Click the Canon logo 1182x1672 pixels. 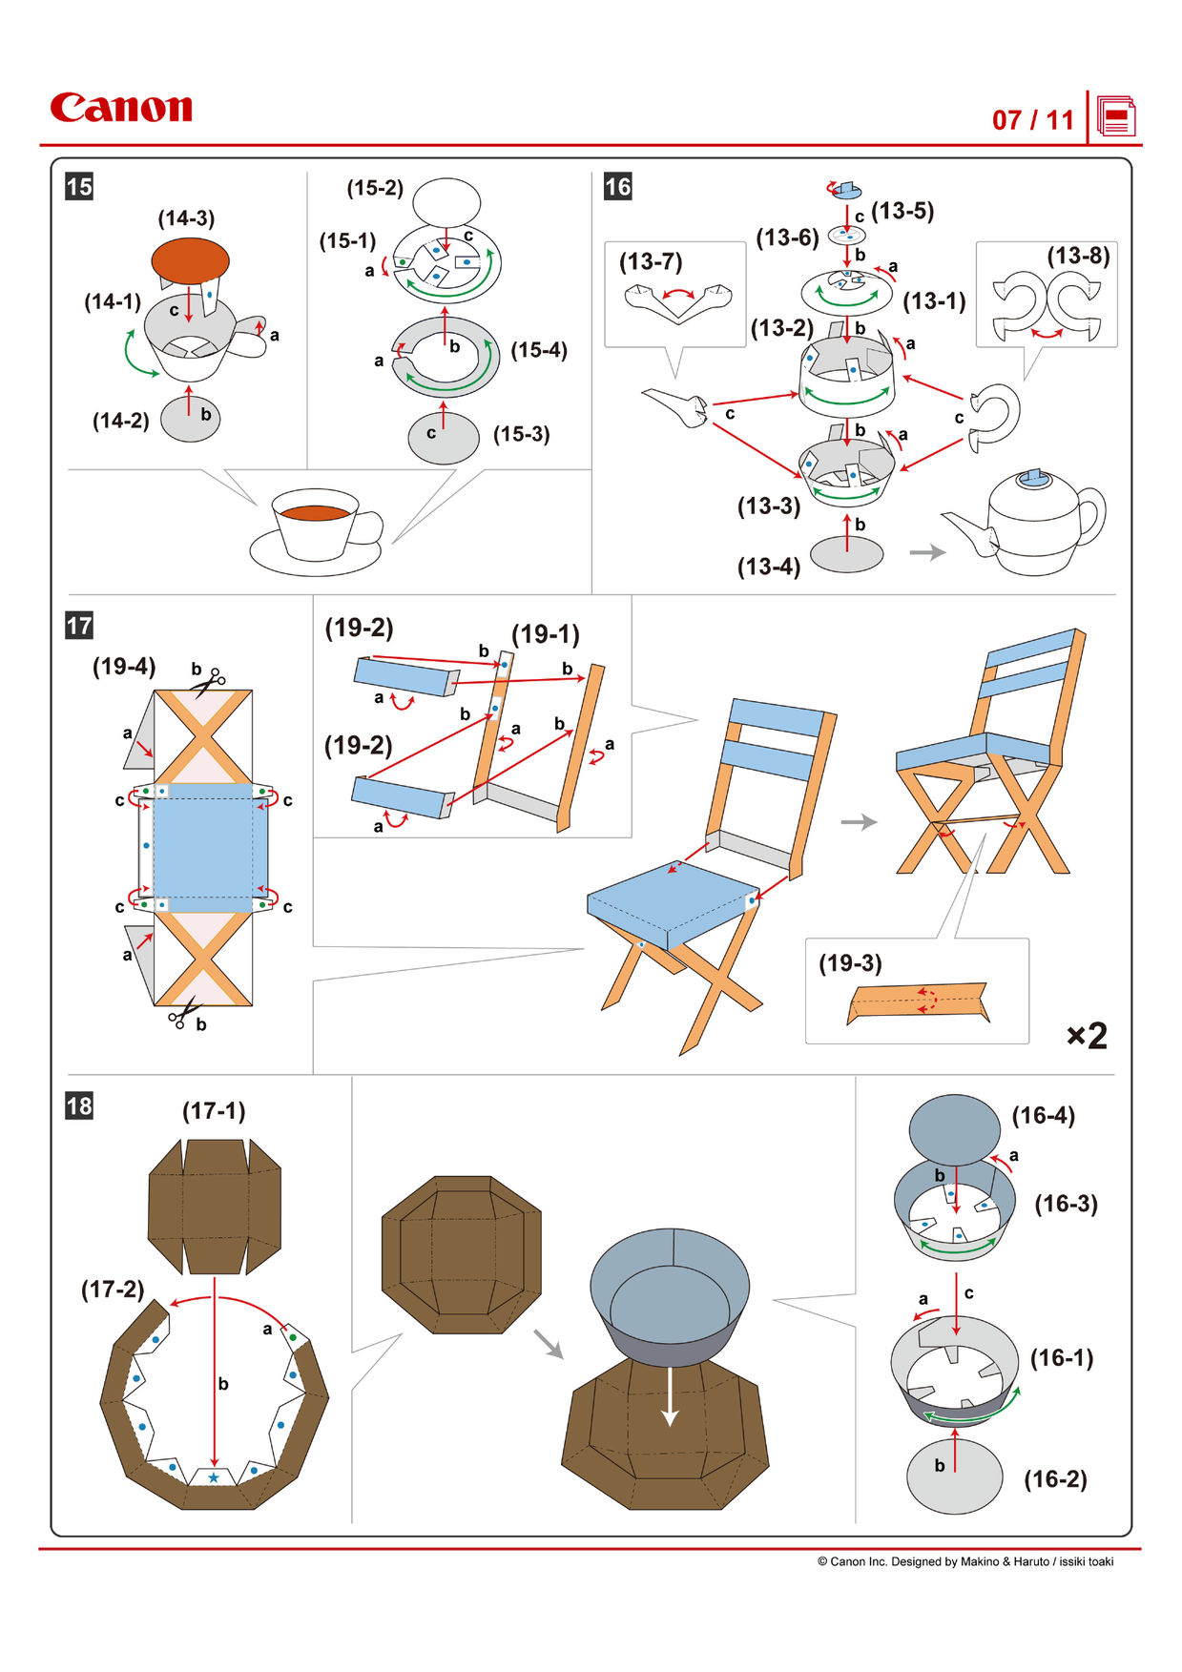coord(121,108)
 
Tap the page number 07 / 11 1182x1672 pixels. coord(1032,120)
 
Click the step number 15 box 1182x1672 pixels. coord(79,186)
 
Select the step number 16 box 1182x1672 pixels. coord(617,186)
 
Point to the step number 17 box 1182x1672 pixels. coord(79,626)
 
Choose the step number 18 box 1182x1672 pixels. coord(79,1105)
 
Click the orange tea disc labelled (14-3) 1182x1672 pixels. coord(190,259)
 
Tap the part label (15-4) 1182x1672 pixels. coord(539,350)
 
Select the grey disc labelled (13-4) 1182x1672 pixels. coord(846,553)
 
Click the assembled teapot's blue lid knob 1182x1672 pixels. coord(1032,477)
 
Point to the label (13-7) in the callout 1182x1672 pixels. coord(651,261)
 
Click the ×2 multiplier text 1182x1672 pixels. coord(1087,1036)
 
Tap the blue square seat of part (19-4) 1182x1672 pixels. coord(202,848)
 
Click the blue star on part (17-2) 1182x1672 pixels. coord(214,1477)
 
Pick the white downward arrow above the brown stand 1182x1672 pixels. coord(671,1396)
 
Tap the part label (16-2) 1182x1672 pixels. coord(1055,1479)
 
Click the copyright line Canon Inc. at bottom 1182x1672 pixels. coord(964,1561)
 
